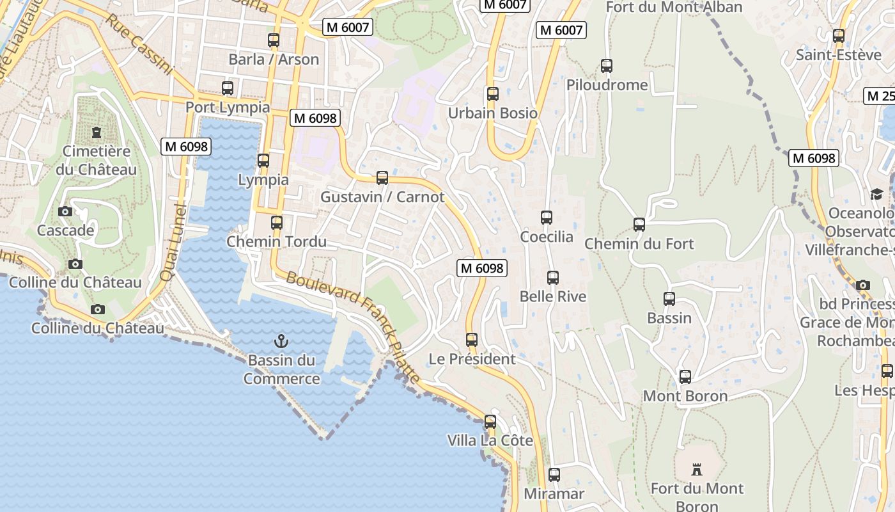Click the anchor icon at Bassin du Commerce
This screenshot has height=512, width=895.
(281, 341)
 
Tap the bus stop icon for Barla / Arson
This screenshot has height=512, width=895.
(274, 40)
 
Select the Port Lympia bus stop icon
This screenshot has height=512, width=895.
(228, 88)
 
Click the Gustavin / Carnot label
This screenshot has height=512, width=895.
(382, 197)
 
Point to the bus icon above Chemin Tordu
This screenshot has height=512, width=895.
(277, 223)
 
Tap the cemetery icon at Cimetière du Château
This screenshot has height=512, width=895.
(97, 132)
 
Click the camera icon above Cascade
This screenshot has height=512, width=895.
(65, 211)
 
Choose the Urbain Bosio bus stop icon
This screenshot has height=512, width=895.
(493, 94)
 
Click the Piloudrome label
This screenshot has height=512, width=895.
(607, 85)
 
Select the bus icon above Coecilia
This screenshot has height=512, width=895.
(547, 218)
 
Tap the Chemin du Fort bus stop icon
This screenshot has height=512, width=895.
(639, 225)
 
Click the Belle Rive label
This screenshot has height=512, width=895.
(553, 297)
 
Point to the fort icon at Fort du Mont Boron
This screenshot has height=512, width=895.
(697, 470)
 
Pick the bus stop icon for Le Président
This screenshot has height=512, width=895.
(472, 340)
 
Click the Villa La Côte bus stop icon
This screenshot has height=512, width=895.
(490, 422)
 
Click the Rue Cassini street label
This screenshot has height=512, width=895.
(139, 45)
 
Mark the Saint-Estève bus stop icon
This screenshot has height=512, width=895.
(839, 36)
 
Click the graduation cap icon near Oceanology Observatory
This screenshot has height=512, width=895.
(876, 194)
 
